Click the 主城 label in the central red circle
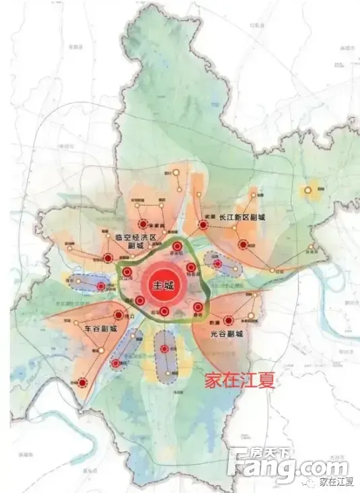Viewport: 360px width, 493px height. coord(164,285)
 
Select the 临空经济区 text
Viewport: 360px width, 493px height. coord(135,238)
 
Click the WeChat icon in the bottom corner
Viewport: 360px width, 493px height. coord(310,480)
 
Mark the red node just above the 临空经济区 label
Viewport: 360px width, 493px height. coord(142,225)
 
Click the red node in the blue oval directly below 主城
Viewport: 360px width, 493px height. coord(166,349)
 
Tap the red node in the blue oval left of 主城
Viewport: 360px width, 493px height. coord(100,287)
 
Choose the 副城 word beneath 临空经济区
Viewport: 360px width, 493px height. coord(135,246)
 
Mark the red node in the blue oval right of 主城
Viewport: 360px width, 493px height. coord(217,263)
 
